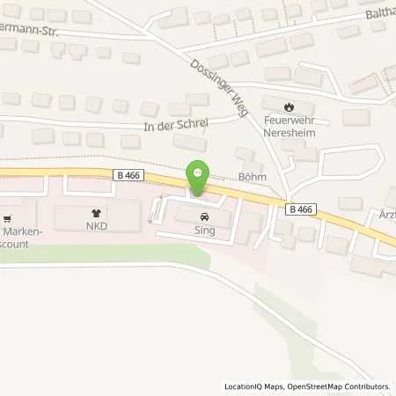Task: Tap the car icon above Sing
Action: (204, 216)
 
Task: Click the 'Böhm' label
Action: (251, 175)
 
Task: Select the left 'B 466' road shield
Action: (128, 176)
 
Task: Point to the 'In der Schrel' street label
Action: (175, 125)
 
